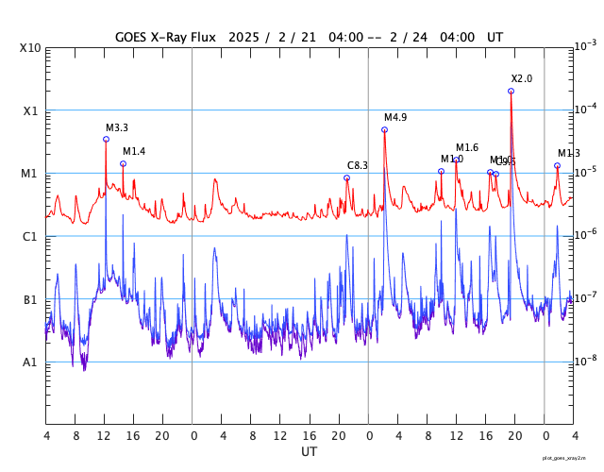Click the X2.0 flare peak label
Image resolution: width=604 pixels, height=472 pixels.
[x=522, y=78]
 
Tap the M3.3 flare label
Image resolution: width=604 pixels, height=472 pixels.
[x=117, y=127]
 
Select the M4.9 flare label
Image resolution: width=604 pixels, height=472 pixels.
[x=395, y=117]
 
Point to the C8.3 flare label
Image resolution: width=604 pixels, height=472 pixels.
[x=358, y=165]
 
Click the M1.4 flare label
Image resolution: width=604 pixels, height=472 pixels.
[x=134, y=151]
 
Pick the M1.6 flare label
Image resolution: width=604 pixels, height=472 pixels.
[x=467, y=147]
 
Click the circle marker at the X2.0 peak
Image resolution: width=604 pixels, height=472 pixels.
[x=512, y=91]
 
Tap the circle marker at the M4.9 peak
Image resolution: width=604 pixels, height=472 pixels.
[x=384, y=129]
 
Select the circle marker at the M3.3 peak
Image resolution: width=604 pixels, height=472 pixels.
[x=106, y=139]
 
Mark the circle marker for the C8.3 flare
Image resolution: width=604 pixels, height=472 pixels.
[x=346, y=177]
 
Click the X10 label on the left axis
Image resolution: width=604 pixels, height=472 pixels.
[x=29, y=48]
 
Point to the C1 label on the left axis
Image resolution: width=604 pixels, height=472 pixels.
[x=30, y=237]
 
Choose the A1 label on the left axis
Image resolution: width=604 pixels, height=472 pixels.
[x=30, y=362]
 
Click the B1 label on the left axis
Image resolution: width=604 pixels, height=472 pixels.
[x=30, y=300]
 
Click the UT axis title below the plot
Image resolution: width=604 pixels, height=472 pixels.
[x=309, y=452]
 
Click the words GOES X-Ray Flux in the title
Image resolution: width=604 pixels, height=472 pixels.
[x=165, y=37]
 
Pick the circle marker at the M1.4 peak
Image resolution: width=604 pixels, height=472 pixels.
[x=123, y=163]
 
